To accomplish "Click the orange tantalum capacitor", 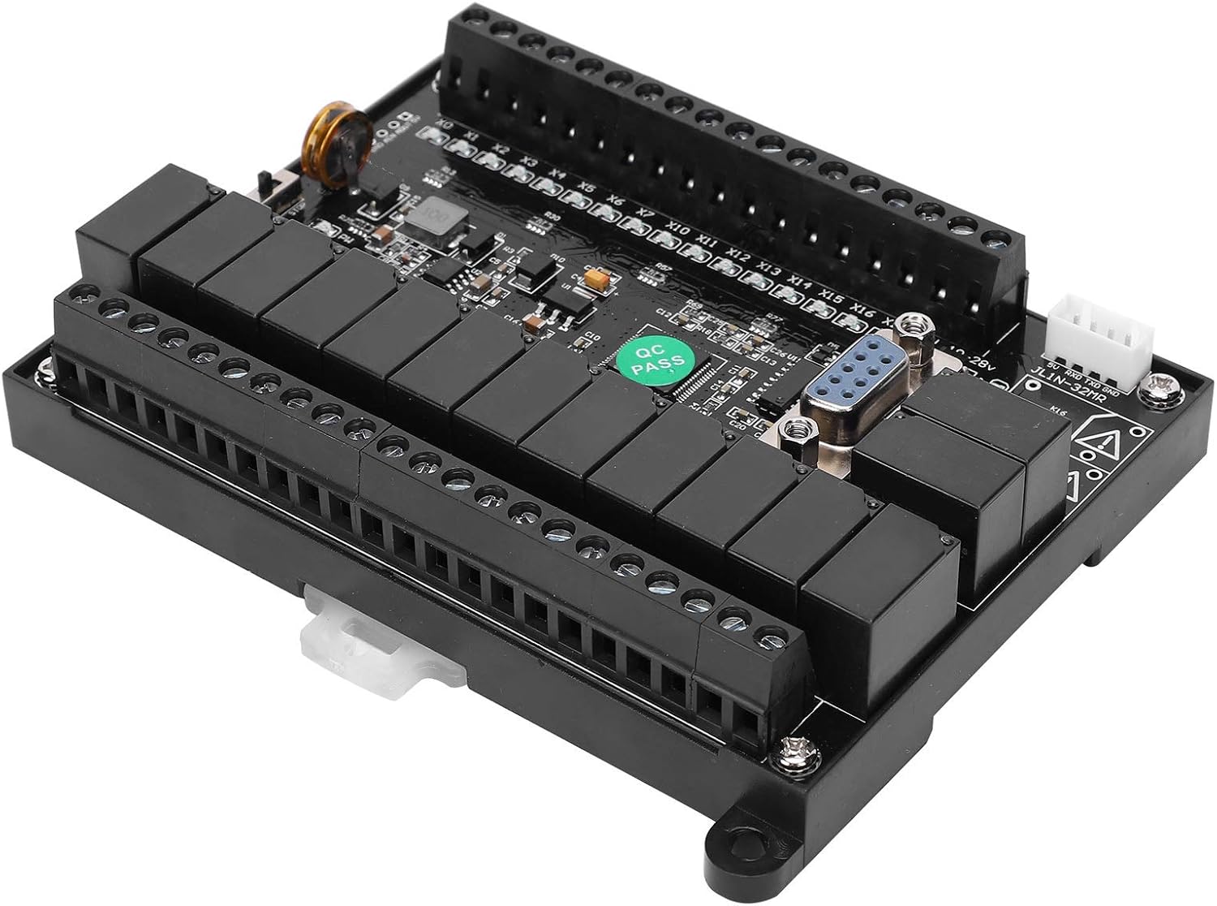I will pyautogui.click(x=598, y=278).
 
